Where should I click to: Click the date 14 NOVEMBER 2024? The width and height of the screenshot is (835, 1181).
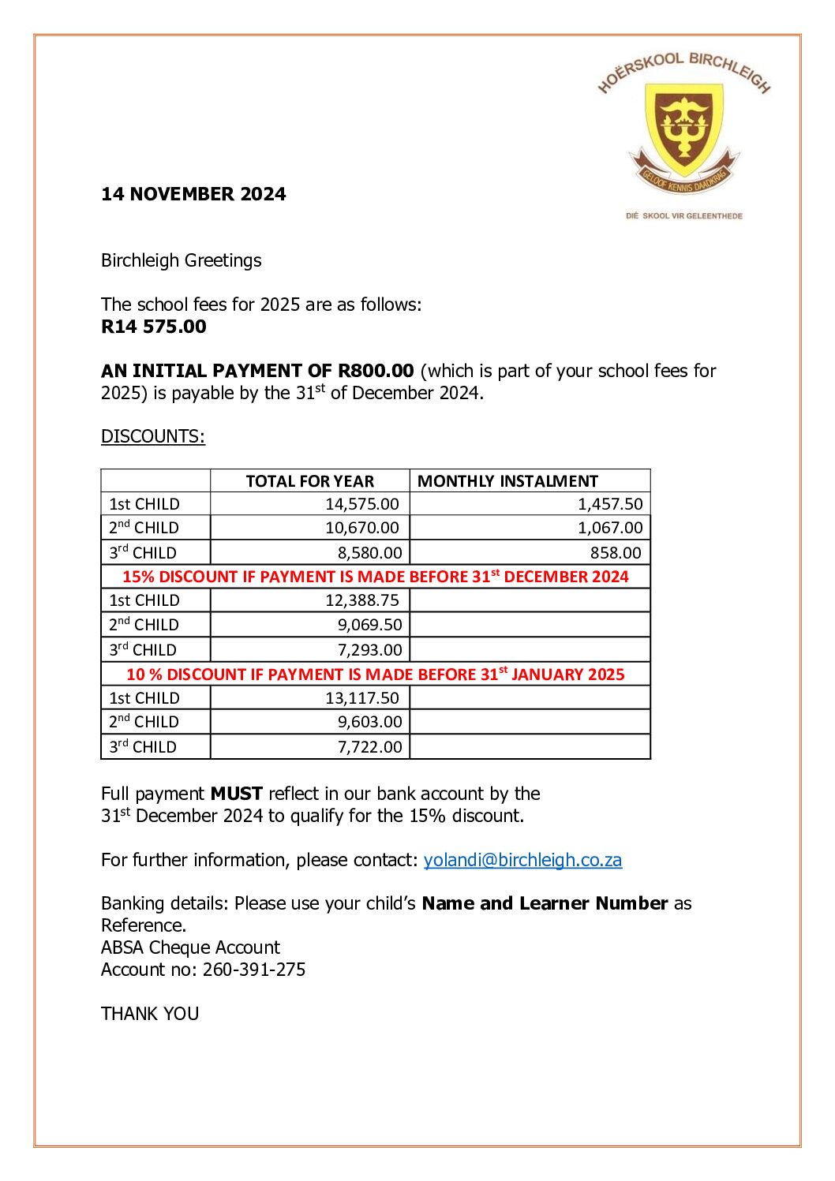[193, 194]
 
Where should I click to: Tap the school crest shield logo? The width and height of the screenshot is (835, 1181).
[683, 129]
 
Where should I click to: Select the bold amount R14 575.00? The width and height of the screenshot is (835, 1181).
[154, 327]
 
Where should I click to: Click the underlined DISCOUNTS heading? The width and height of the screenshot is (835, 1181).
[153, 436]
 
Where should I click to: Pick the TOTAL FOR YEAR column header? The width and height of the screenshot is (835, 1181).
[309, 481]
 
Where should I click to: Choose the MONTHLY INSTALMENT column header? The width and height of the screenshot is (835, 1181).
[507, 481]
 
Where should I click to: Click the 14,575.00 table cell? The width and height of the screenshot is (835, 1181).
[362, 504]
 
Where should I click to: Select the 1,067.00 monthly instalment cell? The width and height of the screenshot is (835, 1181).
[610, 528]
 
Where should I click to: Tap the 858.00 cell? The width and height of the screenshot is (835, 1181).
[616, 553]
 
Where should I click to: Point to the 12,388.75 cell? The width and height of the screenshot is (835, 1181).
[362, 600]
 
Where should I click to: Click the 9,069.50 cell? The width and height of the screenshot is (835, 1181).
[370, 625]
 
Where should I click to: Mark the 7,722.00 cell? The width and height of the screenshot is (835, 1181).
[370, 746]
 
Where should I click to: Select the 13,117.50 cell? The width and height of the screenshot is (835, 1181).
[362, 698]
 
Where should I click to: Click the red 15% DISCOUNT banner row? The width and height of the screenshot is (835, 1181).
[376, 577]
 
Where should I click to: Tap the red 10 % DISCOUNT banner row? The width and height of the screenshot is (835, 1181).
[376, 675]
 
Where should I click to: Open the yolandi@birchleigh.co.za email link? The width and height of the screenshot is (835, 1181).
[522, 860]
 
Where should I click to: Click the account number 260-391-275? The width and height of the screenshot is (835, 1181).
[254, 970]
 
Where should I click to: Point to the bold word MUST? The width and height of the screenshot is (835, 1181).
[236, 794]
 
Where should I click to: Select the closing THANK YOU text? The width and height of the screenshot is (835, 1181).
[150, 1014]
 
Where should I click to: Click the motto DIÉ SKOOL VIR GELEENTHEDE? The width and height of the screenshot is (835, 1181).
[683, 215]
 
